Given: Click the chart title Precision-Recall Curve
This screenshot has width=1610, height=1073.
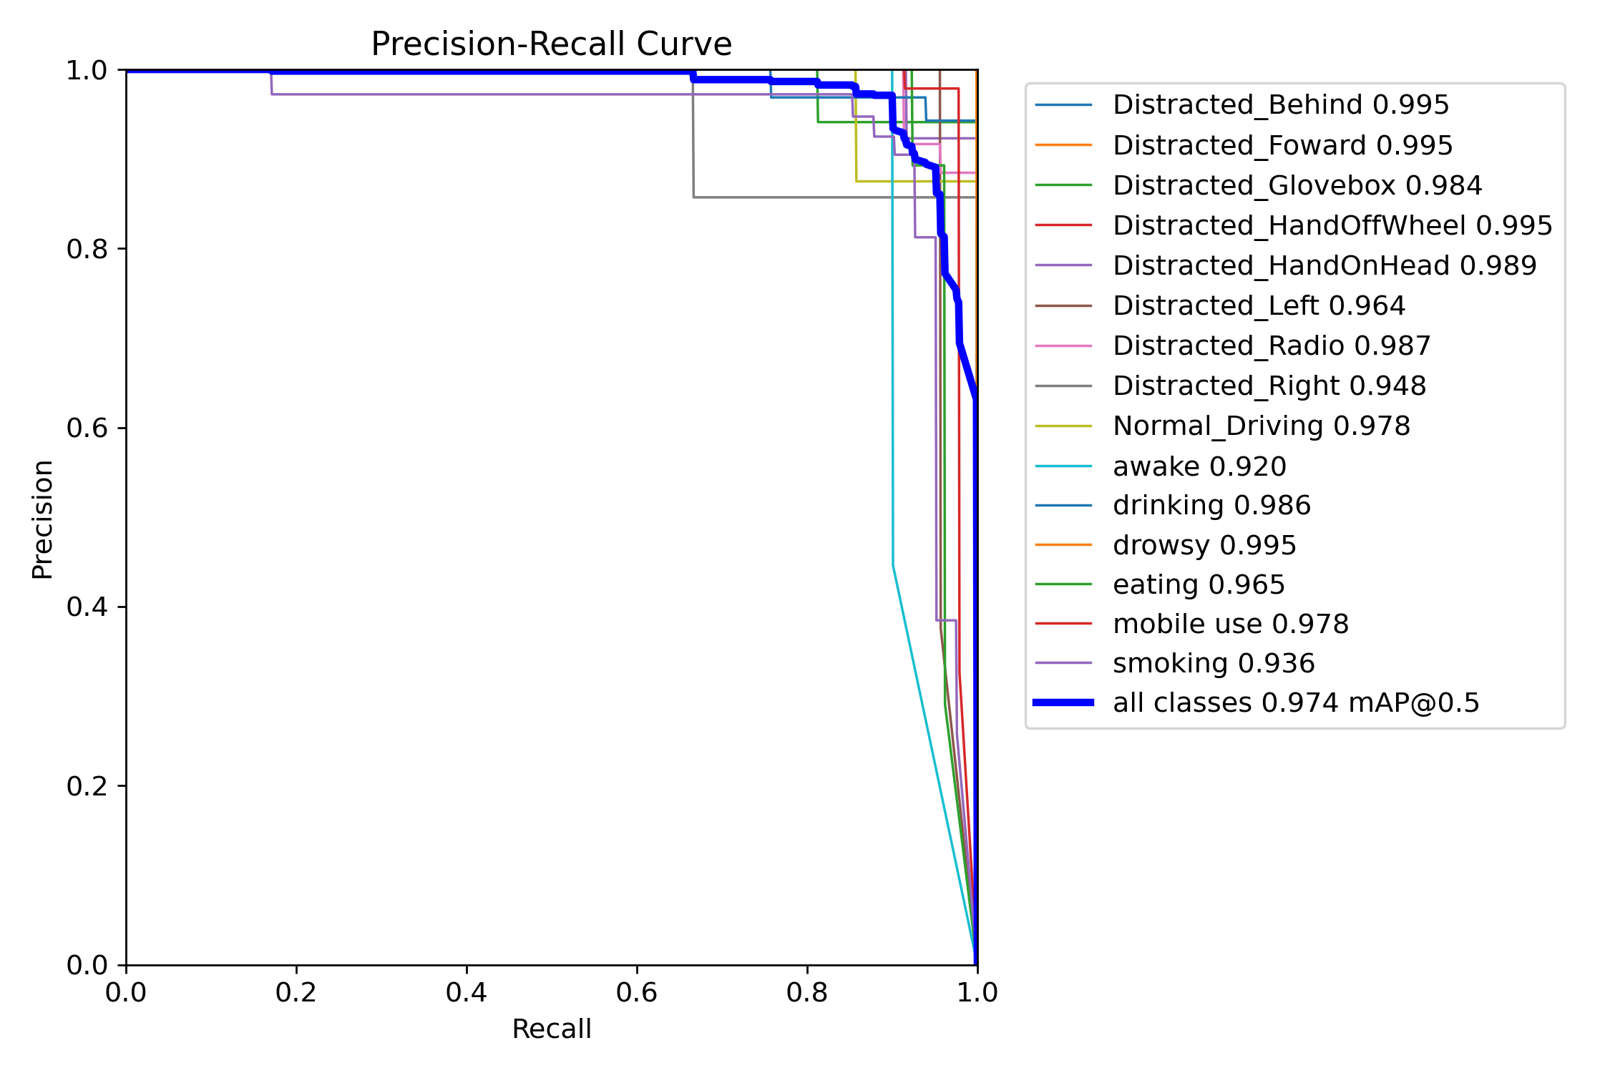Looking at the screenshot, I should click(x=551, y=44).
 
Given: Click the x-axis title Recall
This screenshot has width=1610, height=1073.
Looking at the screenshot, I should click(x=551, y=1029).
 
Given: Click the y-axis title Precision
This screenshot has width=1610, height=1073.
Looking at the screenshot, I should click(x=43, y=519).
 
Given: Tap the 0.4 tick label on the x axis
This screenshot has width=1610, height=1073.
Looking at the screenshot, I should click(x=467, y=993).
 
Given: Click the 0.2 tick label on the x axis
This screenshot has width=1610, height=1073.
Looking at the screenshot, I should click(x=296, y=993).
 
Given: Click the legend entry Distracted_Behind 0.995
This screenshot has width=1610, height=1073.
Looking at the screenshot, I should click(x=1281, y=105).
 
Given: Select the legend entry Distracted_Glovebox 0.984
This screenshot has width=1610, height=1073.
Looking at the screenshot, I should click(x=1297, y=185).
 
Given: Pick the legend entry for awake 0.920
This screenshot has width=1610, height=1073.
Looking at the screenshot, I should click(x=1199, y=466).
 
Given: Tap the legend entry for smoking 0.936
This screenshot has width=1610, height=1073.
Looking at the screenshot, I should click(x=1214, y=663).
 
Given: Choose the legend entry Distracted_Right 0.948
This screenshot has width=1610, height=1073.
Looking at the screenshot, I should click(x=1269, y=386).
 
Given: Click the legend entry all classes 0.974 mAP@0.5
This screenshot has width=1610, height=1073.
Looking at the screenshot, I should click(x=1295, y=702).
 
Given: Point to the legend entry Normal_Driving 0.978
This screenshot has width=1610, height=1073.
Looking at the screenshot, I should click(x=1261, y=426).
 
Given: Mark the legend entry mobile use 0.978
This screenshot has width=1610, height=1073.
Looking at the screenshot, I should click(x=1231, y=624).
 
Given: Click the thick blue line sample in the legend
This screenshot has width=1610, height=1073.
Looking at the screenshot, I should click(x=1063, y=702).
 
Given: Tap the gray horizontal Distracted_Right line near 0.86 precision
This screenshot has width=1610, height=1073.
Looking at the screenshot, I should click(x=787, y=197).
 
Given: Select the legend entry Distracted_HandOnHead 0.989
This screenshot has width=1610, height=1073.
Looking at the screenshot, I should click(x=1324, y=265).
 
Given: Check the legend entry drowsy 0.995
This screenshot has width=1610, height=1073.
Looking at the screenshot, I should click(x=1204, y=545).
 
